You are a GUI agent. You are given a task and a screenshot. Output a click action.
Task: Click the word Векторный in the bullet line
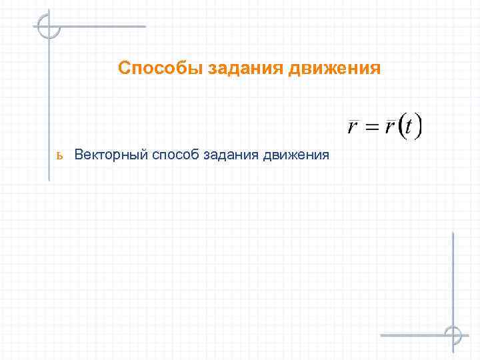tap(111, 155)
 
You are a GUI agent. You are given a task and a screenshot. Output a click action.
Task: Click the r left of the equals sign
tap(353, 127)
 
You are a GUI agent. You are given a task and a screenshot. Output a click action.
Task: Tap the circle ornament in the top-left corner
tap(49, 27)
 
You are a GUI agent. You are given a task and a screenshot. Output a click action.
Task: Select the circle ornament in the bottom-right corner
tap(453, 334)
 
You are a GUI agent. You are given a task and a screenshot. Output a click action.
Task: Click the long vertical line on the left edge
tap(49, 107)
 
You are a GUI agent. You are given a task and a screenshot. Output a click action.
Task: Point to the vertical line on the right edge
tap(453, 280)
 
